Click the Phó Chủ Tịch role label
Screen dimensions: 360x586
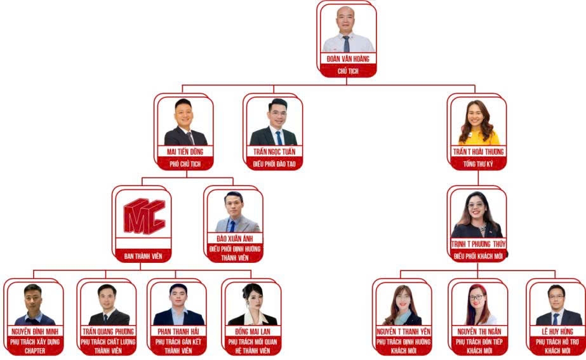click(185, 164)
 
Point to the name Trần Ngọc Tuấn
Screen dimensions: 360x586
click(274, 152)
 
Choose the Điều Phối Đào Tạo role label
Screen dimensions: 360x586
click(274, 164)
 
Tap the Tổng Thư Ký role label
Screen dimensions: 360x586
click(478, 164)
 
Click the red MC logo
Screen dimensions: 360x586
click(144, 215)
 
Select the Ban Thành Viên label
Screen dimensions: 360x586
click(144, 257)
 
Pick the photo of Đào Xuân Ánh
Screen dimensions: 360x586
click(234, 213)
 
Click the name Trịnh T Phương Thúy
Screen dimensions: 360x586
click(477, 244)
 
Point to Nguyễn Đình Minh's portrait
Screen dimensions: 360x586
click(34, 305)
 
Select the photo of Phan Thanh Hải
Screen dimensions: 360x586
click(180, 305)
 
